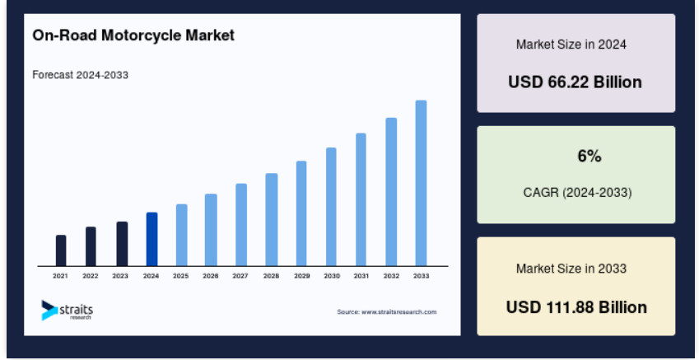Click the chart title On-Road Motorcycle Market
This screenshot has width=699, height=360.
tap(133, 35)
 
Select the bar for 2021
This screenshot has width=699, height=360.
tap(61, 250)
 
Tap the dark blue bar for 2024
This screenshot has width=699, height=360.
tap(151, 239)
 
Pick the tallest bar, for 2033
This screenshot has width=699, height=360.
tap(421, 184)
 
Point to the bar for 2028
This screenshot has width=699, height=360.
tap(272, 220)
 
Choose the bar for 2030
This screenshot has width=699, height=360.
tap(331, 207)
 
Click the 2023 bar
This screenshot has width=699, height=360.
tap(122, 244)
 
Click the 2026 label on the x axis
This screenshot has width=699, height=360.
tap(211, 276)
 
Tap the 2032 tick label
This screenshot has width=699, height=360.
tap(391, 276)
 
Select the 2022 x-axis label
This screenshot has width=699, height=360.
tap(90, 276)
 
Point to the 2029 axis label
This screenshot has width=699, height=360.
tap(302, 276)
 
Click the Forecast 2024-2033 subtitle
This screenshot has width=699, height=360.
tap(80, 75)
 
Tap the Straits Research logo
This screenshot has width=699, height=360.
tap(68, 311)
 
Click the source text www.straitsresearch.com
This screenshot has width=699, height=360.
tap(387, 312)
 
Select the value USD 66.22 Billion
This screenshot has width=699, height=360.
tap(575, 82)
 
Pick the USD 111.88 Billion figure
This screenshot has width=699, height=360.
tap(576, 307)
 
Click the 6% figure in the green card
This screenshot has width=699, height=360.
tap(589, 157)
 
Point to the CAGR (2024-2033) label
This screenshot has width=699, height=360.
tap(577, 193)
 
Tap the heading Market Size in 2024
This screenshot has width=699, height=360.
tap(571, 44)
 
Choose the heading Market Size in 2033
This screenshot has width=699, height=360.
tap(571, 269)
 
